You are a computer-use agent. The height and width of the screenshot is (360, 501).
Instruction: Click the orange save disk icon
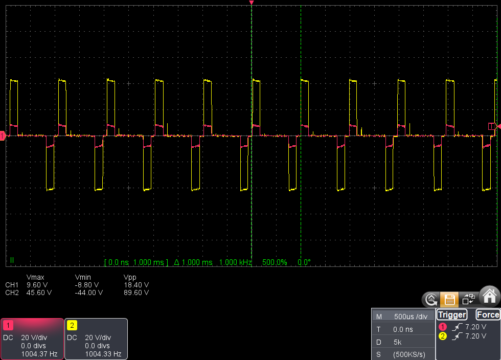449,299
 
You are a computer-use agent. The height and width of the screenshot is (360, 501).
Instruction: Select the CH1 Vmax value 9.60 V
36,285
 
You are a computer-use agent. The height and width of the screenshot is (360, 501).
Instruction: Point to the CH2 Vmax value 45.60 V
36,293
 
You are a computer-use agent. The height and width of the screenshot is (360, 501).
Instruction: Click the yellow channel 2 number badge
72,325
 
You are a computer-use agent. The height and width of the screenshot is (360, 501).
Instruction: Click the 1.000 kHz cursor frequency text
235,262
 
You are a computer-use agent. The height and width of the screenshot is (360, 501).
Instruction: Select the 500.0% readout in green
275,262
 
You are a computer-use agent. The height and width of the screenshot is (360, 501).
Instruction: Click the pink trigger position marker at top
251,3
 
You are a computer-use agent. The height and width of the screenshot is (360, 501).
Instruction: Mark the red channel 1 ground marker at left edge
3,136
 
